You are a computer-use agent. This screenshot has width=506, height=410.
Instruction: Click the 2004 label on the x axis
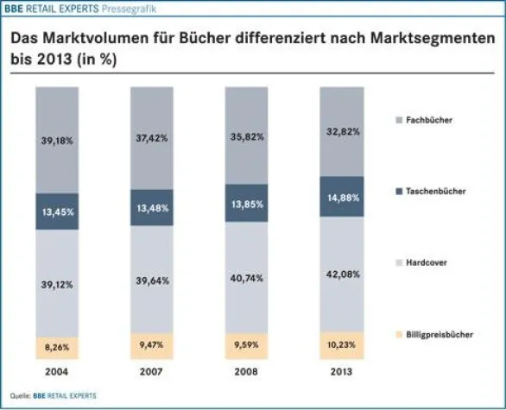point(58,373)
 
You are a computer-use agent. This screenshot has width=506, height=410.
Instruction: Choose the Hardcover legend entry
point(429,262)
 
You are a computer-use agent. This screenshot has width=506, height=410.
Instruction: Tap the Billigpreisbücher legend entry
point(440,334)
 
